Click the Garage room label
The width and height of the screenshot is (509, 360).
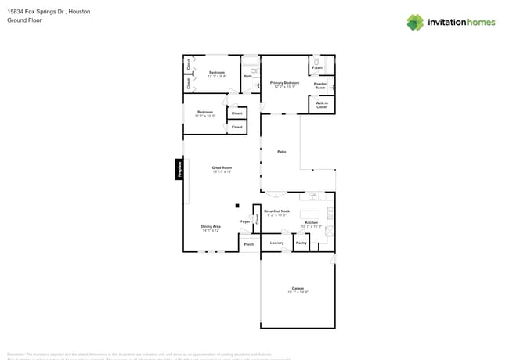(x=298, y=288)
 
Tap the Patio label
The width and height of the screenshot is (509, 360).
(x=281, y=151)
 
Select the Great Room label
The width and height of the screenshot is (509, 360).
(x=222, y=167)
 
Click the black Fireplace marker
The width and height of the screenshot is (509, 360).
(x=179, y=170)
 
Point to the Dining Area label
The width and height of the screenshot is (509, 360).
(x=211, y=227)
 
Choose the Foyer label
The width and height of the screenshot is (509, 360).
(x=245, y=221)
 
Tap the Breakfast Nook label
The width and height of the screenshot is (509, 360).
(x=277, y=211)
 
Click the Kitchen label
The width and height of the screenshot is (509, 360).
(x=311, y=223)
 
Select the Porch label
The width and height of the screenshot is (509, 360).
(x=249, y=244)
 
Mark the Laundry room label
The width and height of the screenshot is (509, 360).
(x=277, y=243)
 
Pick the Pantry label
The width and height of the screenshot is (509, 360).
(x=301, y=243)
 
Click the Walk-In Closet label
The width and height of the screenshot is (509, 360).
(x=322, y=104)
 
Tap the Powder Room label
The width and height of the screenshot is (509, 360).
(x=320, y=85)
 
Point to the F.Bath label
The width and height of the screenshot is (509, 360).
(x=318, y=68)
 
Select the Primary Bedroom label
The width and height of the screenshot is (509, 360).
(x=285, y=84)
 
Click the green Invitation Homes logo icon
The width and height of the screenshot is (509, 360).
(x=415, y=22)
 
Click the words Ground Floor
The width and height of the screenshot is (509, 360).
(x=24, y=20)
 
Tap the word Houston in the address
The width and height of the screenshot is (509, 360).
(x=70, y=11)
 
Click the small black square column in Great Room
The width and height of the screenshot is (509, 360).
(x=237, y=206)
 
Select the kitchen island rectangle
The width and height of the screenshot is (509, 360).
(x=310, y=214)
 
